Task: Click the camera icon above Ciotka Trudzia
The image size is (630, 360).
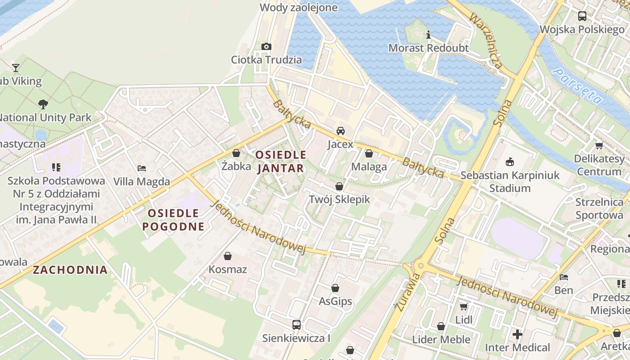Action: [266, 46]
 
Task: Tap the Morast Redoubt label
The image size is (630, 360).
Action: [428, 48]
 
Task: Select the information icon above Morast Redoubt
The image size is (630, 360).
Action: [428, 35]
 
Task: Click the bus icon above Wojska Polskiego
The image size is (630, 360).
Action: [582, 16]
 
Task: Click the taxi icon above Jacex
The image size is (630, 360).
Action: [341, 131]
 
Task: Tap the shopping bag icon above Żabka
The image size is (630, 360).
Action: [236, 153]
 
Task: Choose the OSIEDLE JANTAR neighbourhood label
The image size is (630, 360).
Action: [281, 162]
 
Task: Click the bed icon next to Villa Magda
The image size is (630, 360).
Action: [142, 168]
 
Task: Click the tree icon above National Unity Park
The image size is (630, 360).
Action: [43, 104]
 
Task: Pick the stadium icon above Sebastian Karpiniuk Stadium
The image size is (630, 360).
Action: [510, 162]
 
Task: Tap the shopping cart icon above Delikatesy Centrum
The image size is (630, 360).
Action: [599, 145]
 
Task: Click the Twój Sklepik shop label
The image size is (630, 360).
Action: [339, 199]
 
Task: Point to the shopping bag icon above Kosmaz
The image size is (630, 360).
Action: [228, 256]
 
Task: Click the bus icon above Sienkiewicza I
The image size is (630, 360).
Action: [296, 324]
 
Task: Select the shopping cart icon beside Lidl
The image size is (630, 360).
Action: [463, 307]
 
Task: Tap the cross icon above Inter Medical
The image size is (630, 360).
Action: [517, 334]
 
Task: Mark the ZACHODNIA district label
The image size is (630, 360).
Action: [70, 270]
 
